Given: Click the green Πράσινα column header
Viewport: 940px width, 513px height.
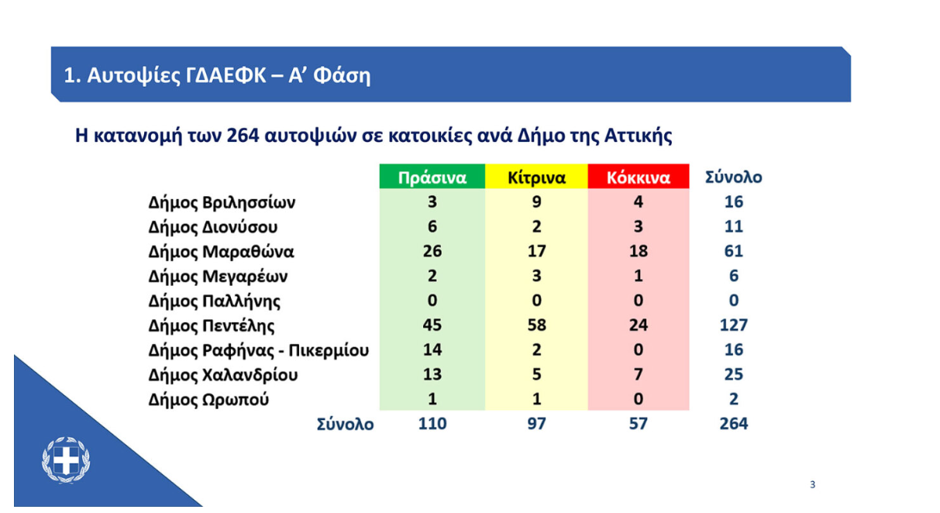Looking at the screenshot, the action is pos(432,177).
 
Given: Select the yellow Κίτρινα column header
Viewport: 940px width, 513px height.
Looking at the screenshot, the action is pos(536,177).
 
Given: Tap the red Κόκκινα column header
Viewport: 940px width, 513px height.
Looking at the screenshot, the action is pos(639,177).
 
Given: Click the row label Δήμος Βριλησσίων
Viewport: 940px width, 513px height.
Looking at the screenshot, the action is pos(222,202).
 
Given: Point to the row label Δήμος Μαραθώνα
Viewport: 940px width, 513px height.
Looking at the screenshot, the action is pos(221,251).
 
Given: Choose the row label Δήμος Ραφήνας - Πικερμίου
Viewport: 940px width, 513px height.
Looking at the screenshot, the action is pos(259,350).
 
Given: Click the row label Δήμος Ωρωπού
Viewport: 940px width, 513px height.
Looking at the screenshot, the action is pos(208,399).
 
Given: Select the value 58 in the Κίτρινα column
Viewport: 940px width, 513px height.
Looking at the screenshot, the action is pos(537,325).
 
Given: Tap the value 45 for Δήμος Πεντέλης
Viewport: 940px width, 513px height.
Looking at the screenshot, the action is pos(432,325).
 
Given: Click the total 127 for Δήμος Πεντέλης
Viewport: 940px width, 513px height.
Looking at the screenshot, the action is pos(734,325).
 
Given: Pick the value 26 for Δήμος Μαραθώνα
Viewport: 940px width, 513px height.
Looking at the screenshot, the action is pos(432,251).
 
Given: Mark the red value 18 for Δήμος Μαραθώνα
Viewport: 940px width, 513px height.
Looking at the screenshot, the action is pos(639,251).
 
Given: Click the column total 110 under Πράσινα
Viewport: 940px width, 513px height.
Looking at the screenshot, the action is pos(432,424).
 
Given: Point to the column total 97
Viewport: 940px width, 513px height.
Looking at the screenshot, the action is pos(537,424).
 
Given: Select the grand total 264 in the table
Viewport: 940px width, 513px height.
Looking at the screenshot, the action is pos(734,424).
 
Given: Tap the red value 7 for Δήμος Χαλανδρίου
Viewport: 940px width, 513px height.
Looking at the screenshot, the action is pos(639,374).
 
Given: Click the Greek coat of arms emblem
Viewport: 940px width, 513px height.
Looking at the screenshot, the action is pos(66,460).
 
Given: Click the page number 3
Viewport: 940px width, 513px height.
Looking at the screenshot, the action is pos(812,485).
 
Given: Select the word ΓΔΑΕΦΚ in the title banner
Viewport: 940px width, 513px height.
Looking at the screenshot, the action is pos(226,76).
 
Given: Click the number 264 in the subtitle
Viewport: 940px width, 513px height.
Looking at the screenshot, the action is pos(243,135).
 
